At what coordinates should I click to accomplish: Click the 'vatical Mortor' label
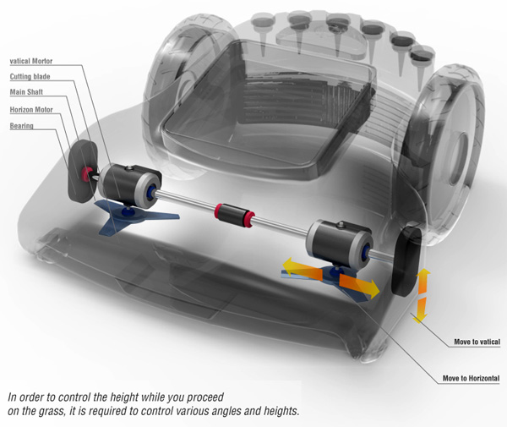(31, 61)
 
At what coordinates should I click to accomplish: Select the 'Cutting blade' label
(30, 77)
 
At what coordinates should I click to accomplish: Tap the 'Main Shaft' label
(26, 92)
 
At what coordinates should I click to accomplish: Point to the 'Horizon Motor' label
(31, 110)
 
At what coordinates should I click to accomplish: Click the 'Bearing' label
(21, 126)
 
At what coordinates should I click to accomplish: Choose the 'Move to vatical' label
(477, 342)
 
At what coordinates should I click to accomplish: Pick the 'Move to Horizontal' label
(471, 378)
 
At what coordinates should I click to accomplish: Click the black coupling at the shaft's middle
(234, 215)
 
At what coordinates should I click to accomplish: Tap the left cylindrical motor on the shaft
(129, 185)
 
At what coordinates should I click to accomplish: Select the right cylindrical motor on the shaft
(339, 241)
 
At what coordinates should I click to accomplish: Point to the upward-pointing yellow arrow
(423, 281)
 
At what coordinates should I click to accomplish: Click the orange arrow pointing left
(302, 269)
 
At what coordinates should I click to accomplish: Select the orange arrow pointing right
(360, 285)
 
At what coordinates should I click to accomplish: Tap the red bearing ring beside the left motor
(86, 174)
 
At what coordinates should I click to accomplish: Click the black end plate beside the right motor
(406, 261)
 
